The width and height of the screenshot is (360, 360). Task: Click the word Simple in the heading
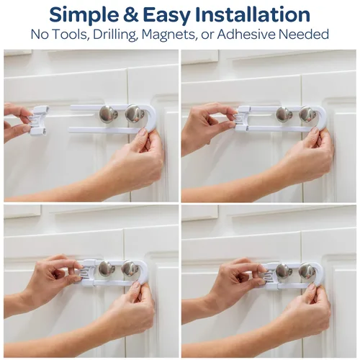(x=84, y=16)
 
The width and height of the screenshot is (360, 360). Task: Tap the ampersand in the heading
(x=131, y=15)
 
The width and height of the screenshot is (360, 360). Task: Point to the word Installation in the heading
(x=253, y=15)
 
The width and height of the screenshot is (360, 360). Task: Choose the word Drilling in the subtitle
(x=114, y=35)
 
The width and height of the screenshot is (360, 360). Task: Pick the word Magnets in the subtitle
(x=168, y=35)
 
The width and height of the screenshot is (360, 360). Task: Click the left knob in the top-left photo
(x=108, y=114)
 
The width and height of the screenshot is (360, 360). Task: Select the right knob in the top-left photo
(x=135, y=114)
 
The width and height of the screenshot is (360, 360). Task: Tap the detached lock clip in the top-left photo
(x=38, y=120)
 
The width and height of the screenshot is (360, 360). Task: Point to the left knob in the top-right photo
(x=284, y=114)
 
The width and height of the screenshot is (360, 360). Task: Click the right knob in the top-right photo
(x=307, y=114)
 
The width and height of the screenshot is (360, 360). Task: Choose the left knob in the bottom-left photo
(x=107, y=269)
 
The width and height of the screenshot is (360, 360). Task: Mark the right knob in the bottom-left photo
(x=130, y=269)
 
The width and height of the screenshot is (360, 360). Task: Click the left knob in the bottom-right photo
(x=284, y=271)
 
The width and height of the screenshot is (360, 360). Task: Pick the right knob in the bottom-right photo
(x=307, y=271)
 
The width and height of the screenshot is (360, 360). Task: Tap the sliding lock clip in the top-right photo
(x=243, y=119)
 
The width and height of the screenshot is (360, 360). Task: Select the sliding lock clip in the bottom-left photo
(x=88, y=272)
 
